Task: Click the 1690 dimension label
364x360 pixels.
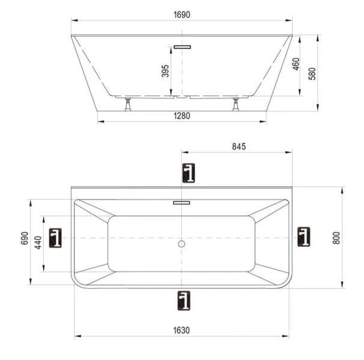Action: [x=182, y=15]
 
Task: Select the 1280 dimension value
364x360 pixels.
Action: [x=182, y=116]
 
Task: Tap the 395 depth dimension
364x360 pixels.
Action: [x=165, y=71]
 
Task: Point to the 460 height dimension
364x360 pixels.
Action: [x=296, y=64]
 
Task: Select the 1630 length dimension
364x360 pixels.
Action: [x=182, y=329]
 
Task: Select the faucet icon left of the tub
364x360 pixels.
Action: [x=56, y=238]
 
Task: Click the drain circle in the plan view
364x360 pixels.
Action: [x=182, y=244]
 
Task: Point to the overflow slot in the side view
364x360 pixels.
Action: [x=182, y=46]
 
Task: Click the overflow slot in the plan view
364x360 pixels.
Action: [x=182, y=203]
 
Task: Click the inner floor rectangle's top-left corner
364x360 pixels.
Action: [x=109, y=217]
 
